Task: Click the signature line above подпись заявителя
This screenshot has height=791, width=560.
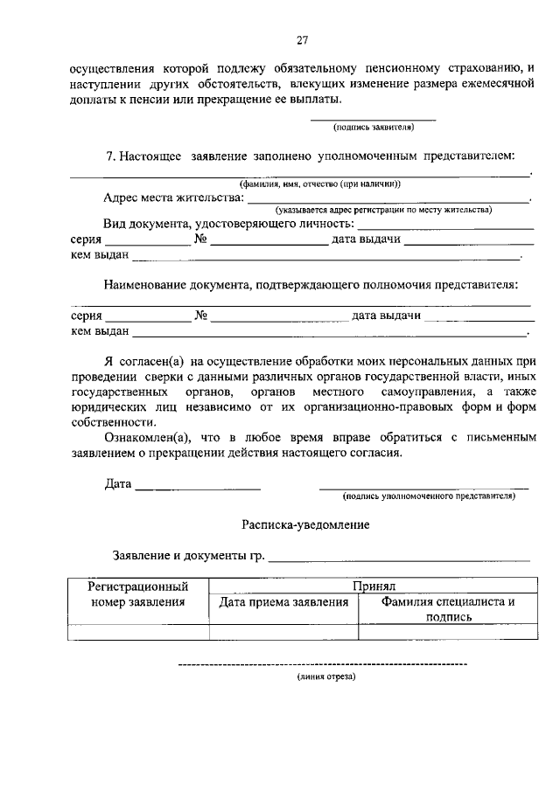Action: pos(373,119)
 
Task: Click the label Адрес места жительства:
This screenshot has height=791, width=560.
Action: pos(173,198)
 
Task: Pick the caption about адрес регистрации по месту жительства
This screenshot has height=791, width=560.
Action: pos(383,210)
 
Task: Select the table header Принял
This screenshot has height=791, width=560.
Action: pos(375,586)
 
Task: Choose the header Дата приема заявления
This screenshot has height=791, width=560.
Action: pos(283,602)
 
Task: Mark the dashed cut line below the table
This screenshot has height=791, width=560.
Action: pos(322,665)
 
